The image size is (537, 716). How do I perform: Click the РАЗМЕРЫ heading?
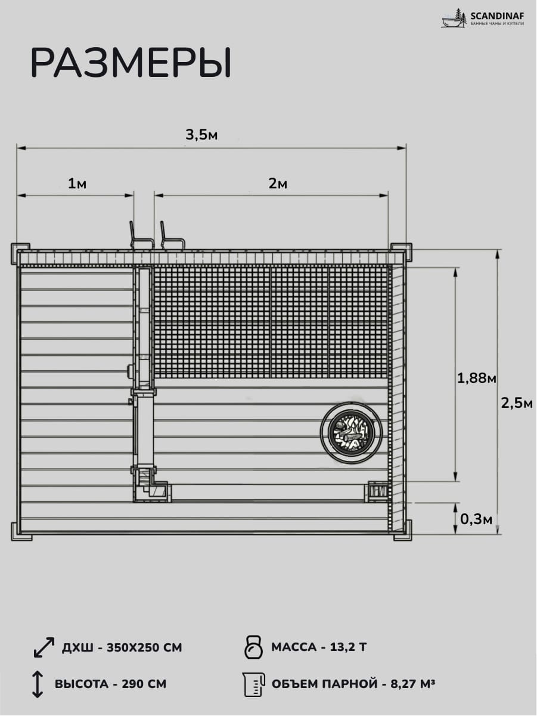click(131, 63)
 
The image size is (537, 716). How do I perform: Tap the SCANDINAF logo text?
click(497, 16)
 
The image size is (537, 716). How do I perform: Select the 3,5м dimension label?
click(201, 134)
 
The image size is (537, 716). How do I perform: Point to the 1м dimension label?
click(77, 184)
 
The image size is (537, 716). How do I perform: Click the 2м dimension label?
click(278, 184)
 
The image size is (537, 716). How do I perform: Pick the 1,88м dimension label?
click(477, 378)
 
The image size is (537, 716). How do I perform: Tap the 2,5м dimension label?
click(517, 404)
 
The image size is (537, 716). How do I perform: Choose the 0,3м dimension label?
click(476, 519)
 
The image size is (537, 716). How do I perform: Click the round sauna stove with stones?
click(351, 431)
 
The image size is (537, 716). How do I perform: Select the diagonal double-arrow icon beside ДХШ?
click(44, 647)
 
